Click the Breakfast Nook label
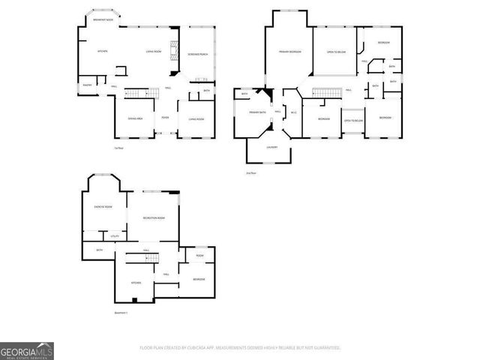pyautogui.click(x=103, y=20)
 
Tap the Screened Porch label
pyautogui.click(x=199, y=55)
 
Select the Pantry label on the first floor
pyautogui.click(x=87, y=85)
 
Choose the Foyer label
pyautogui.click(x=165, y=118)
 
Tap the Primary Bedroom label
pyautogui.click(x=289, y=52)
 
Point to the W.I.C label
pyautogui.click(x=294, y=112)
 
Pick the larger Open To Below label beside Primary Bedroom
pyautogui.click(x=335, y=52)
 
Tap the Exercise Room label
pyautogui.click(x=103, y=206)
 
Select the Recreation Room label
pyautogui.click(x=154, y=217)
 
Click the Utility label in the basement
pyautogui.click(x=115, y=235)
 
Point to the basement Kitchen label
pyautogui.click(x=136, y=283)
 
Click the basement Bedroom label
pyautogui.click(x=199, y=279)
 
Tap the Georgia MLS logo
pyautogui.click(x=26, y=351)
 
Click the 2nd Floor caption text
pyautogui.click(x=251, y=172)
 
